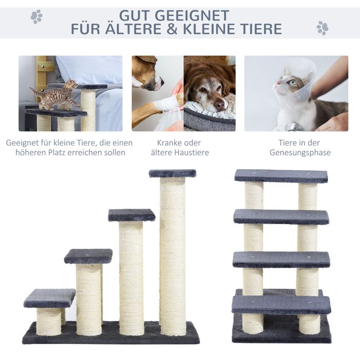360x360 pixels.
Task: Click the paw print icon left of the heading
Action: (37, 16)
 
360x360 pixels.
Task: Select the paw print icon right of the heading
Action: (322, 28)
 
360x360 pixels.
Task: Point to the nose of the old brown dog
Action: (219, 105)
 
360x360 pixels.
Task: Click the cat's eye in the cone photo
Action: (292, 82)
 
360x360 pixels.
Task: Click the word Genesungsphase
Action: (300, 152)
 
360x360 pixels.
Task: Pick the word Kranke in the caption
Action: (169, 142)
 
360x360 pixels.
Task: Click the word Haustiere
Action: (191, 152)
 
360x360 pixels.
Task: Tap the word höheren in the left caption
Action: (30, 152)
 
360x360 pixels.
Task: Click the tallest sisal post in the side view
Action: (173, 256)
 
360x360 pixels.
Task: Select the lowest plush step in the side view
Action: (49, 298)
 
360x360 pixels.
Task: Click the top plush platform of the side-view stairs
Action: (173, 173)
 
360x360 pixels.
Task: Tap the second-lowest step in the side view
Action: (88, 256)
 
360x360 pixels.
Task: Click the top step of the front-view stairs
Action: (281, 176)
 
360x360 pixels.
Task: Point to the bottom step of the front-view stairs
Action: (281, 305)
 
